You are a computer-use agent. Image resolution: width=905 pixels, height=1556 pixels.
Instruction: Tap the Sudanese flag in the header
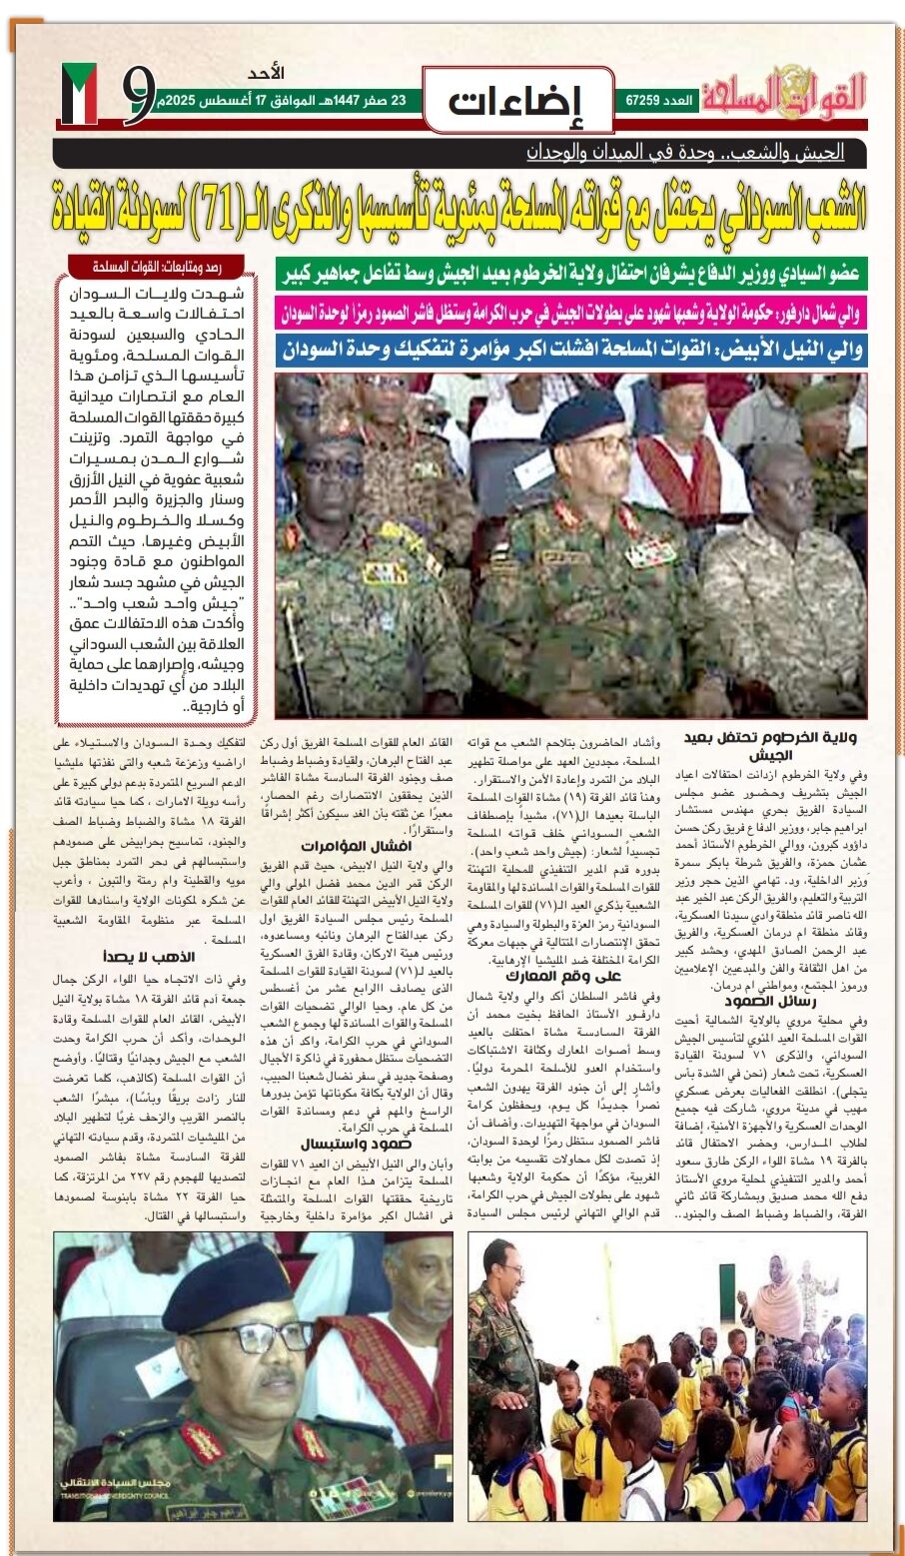(79, 94)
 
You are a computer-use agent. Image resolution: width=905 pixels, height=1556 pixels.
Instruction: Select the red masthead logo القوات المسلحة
(783, 94)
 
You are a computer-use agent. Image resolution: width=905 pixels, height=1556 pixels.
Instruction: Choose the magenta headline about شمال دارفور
(570, 313)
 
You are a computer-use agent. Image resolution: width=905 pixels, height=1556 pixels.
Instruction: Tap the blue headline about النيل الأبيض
(570, 350)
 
